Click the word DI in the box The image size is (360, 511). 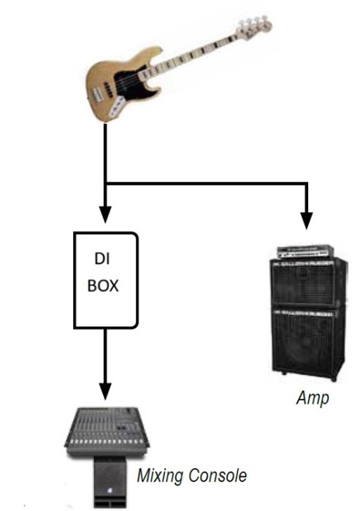tap(102, 259)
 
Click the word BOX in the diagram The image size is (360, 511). tap(103, 286)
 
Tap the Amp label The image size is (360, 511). tap(312, 399)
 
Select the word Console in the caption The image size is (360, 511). tap(218, 475)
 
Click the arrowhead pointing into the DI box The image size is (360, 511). tap(105, 215)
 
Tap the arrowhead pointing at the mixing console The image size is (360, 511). tap(105, 391)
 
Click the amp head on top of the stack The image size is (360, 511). tap(305, 252)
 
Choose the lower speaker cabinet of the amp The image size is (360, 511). tap(308, 343)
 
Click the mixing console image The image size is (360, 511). tap(107, 431)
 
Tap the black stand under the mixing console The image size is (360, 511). tap(110, 482)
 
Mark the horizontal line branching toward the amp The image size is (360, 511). tap(206, 184)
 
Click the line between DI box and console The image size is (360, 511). tap(105, 356)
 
